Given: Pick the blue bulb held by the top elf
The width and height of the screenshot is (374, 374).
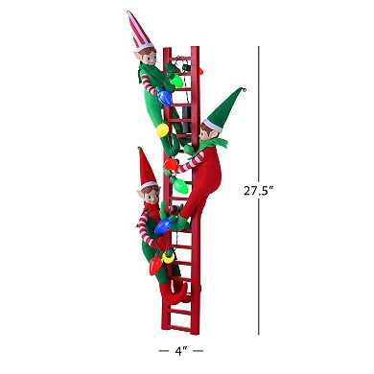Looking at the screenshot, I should pos(165,97).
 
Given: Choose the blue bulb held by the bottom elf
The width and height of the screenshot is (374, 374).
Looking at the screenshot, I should pos(163,228).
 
